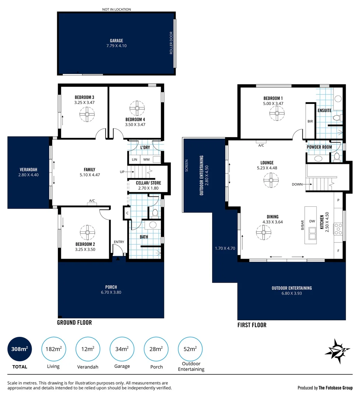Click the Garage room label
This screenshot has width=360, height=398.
(x=116, y=41)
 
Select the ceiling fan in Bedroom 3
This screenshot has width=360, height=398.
(x=87, y=114)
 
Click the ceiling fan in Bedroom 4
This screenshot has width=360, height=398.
(x=137, y=108)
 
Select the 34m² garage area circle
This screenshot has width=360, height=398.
(x=122, y=349)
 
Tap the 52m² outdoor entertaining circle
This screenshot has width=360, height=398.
(x=190, y=349)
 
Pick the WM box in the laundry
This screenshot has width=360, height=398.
(x=146, y=160)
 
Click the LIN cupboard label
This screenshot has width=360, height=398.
(x=134, y=160)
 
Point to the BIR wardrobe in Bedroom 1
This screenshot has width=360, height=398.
(x=310, y=121)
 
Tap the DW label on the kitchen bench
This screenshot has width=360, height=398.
(x=312, y=221)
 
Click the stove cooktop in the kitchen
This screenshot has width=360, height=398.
(x=338, y=229)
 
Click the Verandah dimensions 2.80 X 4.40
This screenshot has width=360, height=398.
(x=28, y=175)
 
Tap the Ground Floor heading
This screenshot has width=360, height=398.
(x=74, y=322)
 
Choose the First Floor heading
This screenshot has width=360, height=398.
(x=252, y=325)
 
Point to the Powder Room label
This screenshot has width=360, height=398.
(x=319, y=147)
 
